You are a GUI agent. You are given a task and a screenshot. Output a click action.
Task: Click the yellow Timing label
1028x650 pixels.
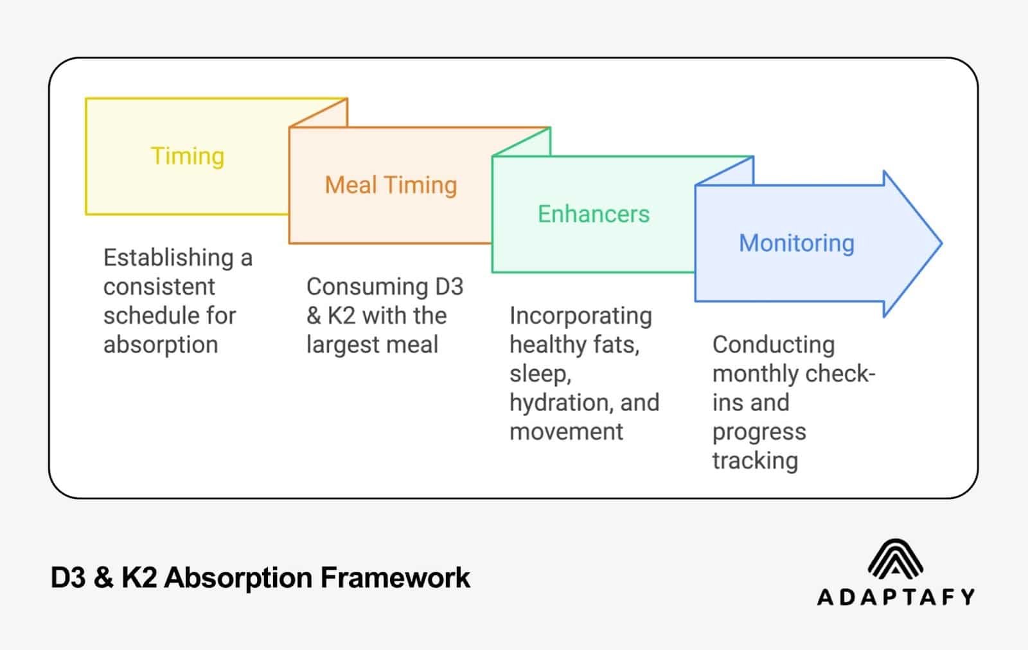pos(187,156)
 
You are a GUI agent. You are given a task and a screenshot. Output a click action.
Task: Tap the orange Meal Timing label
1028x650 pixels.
pos(391,185)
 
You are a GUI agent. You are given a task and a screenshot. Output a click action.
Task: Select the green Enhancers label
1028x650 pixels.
pos(593,214)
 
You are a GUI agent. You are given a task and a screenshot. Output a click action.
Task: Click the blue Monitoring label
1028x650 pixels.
pos(796,243)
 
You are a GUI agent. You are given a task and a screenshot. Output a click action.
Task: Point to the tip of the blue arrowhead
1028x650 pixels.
pos(940,243)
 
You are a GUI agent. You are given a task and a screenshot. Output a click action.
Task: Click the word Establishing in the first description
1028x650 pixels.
pos(168,258)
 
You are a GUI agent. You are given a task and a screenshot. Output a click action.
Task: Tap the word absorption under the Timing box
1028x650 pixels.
pos(161,345)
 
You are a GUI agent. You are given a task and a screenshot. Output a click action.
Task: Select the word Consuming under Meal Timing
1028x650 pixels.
pos(367,286)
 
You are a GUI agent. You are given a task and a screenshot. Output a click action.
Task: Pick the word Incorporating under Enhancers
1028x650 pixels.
pos(580,316)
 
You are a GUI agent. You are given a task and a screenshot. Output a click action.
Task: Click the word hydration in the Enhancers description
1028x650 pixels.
pos(560,403)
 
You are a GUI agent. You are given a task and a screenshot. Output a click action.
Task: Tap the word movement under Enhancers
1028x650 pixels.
pos(566,432)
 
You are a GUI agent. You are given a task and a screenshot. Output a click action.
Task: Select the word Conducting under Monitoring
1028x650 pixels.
pos(773,345)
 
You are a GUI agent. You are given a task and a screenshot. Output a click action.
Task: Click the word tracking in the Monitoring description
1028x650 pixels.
pos(755,461)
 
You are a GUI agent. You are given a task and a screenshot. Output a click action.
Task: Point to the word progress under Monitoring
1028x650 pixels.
pos(759,432)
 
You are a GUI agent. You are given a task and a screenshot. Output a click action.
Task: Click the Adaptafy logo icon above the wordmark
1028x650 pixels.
pos(895,558)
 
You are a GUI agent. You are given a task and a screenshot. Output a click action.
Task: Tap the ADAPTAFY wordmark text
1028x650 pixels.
pos(896,597)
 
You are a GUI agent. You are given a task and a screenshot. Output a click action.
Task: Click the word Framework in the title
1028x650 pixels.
pos(394,577)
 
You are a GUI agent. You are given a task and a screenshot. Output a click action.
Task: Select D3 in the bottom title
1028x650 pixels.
pos(67,577)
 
